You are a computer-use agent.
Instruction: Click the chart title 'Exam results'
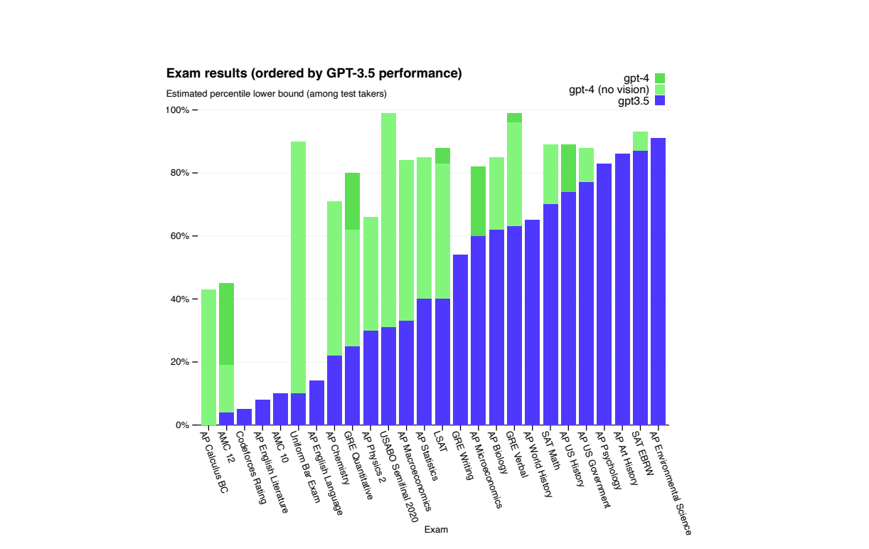pos(314,73)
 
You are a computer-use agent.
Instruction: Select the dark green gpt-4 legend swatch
pos(659,78)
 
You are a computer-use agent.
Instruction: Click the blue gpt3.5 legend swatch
pos(659,101)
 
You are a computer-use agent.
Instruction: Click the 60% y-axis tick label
pos(178,236)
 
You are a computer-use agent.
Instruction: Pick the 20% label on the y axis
pos(178,362)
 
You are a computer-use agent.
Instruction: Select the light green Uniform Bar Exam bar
pos(299,267)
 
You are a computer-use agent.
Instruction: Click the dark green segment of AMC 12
pos(226,324)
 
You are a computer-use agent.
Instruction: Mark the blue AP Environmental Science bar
pos(658,281)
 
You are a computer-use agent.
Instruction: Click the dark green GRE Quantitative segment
pos(352,201)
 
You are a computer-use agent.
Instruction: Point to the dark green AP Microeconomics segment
pos(478,201)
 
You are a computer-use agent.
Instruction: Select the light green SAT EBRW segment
pos(640,141)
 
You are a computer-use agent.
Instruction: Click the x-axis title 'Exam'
pos(436,530)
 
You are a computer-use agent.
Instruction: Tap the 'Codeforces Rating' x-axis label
pos(251,467)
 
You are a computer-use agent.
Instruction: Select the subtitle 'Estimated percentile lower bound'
pos(276,94)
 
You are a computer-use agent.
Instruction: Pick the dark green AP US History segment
pos(568,168)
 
